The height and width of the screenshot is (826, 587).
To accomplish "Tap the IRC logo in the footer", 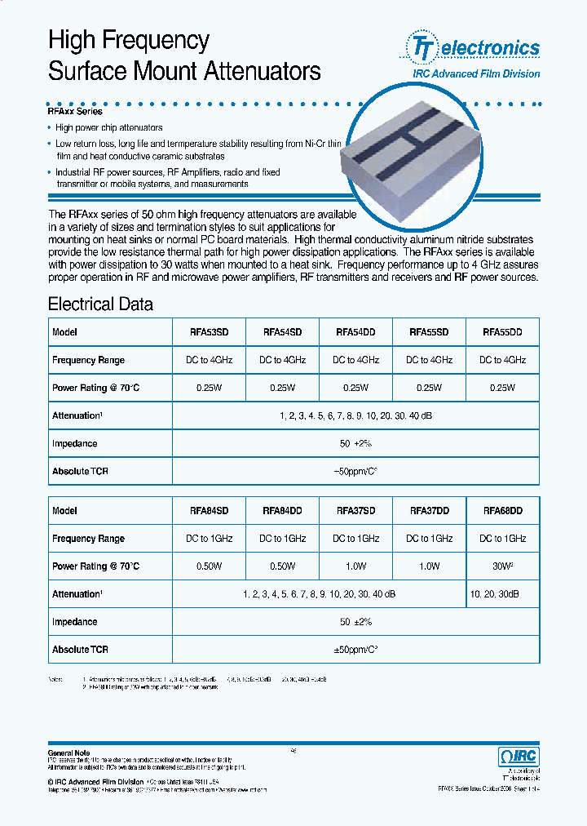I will tap(518, 757).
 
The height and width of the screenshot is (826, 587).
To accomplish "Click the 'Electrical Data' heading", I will tap(100, 304).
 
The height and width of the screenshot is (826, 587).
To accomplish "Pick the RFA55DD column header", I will tap(502, 332).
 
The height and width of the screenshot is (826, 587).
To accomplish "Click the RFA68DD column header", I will tap(502, 510).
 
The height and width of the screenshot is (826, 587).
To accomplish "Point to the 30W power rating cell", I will tap(502, 566).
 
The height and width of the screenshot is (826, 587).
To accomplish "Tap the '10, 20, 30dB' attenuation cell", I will tap(502, 594).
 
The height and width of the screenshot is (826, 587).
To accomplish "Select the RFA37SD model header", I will tap(355, 510).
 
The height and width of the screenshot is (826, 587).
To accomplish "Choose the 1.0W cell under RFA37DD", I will tap(429, 566).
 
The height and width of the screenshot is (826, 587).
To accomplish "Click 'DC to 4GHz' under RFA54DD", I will tap(355, 360).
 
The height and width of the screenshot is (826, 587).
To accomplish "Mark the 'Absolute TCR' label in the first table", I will tap(80, 471).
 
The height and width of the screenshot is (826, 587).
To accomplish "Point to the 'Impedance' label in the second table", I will tap(74, 622).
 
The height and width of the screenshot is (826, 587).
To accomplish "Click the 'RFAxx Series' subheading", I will tap(75, 112).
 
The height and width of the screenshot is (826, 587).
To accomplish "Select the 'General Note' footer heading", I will tap(69, 753).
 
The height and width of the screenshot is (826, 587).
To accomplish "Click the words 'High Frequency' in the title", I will tap(129, 40).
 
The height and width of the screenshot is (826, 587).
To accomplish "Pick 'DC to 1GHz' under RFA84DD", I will tap(282, 539).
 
